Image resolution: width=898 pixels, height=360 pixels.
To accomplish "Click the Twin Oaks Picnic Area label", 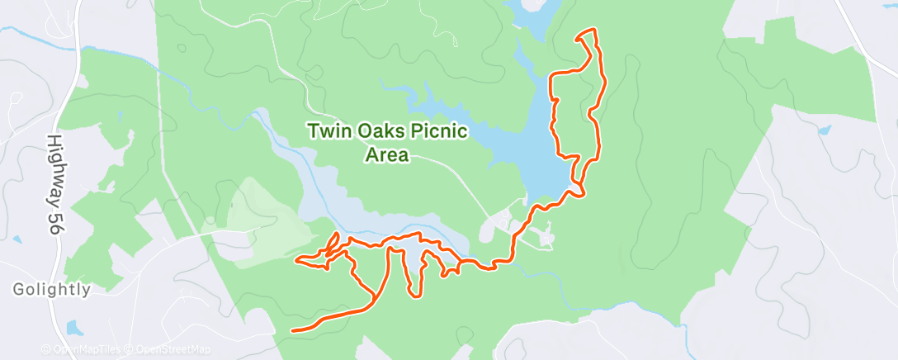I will tap(388, 143).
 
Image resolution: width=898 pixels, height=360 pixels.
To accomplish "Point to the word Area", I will tap(388, 154).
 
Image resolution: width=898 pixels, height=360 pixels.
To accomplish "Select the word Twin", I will tap(326, 131).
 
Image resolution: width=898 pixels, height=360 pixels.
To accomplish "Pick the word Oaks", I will tap(376, 131).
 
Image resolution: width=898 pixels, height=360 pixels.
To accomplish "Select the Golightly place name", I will tap(51, 290).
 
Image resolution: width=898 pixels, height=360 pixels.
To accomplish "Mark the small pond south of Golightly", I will tap(74, 329).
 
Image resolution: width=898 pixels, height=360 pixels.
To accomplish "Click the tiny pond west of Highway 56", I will tap(17, 239).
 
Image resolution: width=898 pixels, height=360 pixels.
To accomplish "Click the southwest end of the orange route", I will tap(294, 330).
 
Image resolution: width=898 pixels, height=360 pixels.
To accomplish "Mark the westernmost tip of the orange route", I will tap(297, 262).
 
